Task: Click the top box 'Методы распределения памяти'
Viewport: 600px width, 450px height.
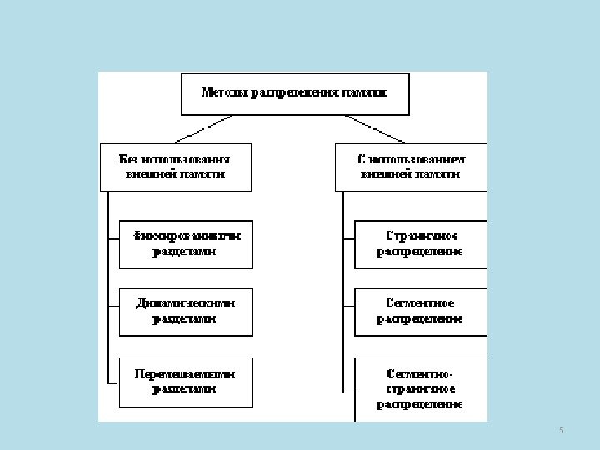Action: pos(295,93)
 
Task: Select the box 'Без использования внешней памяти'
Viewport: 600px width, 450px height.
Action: pos(175,167)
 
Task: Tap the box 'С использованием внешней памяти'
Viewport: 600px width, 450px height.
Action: pos(412,167)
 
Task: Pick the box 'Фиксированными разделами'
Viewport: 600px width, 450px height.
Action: pos(185,244)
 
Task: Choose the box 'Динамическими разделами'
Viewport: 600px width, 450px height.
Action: pos(185,312)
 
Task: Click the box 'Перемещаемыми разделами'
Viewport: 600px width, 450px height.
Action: pos(185,382)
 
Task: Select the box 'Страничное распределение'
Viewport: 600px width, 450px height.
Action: pos(421,244)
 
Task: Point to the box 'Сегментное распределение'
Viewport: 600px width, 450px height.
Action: pos(421,312)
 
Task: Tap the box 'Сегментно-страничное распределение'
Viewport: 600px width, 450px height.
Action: pos(421,388)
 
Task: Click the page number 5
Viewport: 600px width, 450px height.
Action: pos(561,430)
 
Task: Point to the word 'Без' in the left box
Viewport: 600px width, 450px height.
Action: pos(129,158)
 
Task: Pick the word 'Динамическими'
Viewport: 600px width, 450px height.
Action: pos(185,304)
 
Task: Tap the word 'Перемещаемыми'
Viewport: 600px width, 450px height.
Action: pos(185,374)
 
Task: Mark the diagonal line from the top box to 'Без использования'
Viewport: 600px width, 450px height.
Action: pos(203,128)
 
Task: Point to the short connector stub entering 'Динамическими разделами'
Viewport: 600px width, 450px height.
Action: pos(113,312)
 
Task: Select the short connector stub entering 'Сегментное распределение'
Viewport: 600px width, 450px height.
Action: pos(348,312)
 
